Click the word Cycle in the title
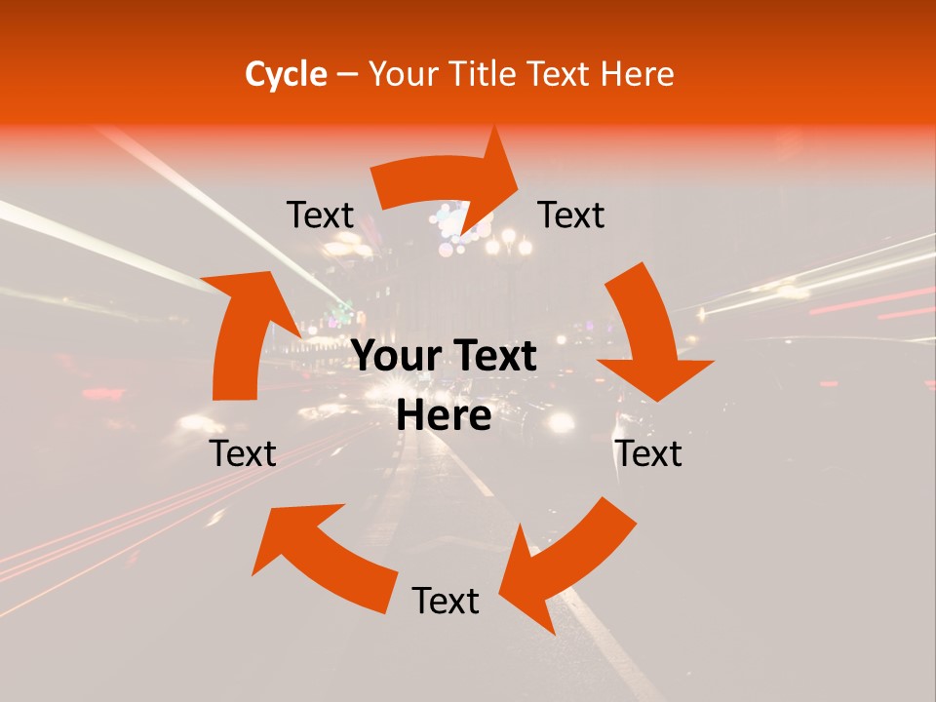pyautogui.click(x=286, y=74)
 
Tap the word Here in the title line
pyautogui.click(x=635, y=74)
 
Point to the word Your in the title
pyautogui.click(x=401, y=74)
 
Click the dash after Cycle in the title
pyautogui.click(x=347, y=74)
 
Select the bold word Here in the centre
pyautogui.click(x=444, y=416)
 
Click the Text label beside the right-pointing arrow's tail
pyautogui.click(x=320, y=215)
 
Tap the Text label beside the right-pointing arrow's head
pyautogui.click(x=571, y=214)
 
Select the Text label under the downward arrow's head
pyautogui.click(x=649, y=453)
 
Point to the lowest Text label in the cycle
pyautogui.click(x=446, y=601)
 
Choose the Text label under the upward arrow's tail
pyautogui.click(x=243, y=453)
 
